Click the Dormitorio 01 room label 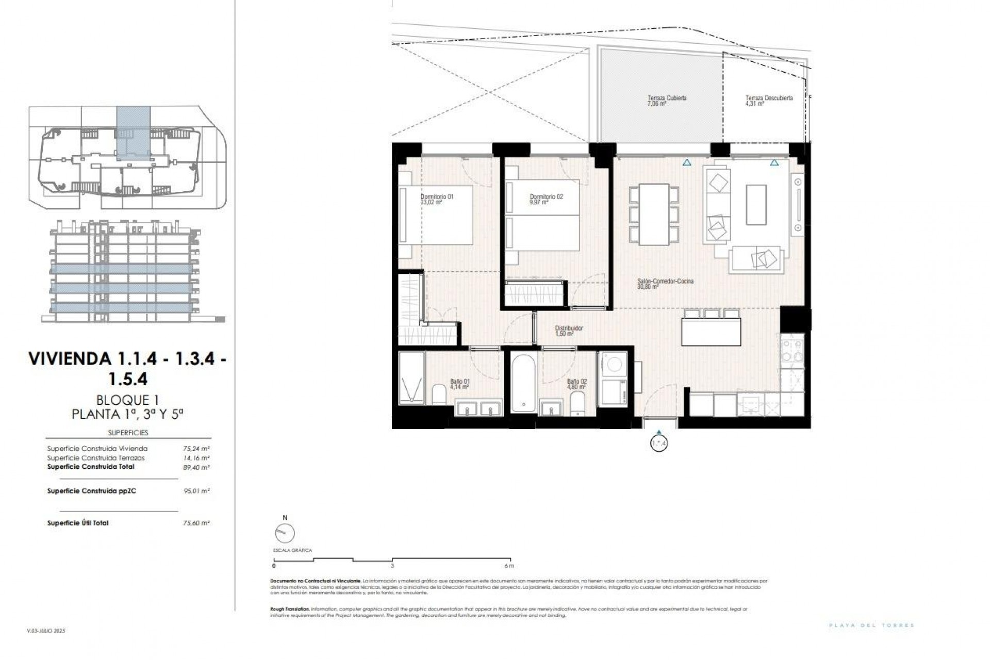coord(437,196)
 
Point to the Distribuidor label coord(569,328)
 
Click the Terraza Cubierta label coord(667,98)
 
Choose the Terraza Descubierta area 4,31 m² coord(754,104)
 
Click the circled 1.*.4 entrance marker coord(659,443)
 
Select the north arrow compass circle coord(285,533)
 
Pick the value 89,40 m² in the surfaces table coord(196,467)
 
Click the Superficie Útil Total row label coord(77,523)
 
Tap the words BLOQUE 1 coord(127,400)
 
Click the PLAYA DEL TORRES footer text coord(871,625)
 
